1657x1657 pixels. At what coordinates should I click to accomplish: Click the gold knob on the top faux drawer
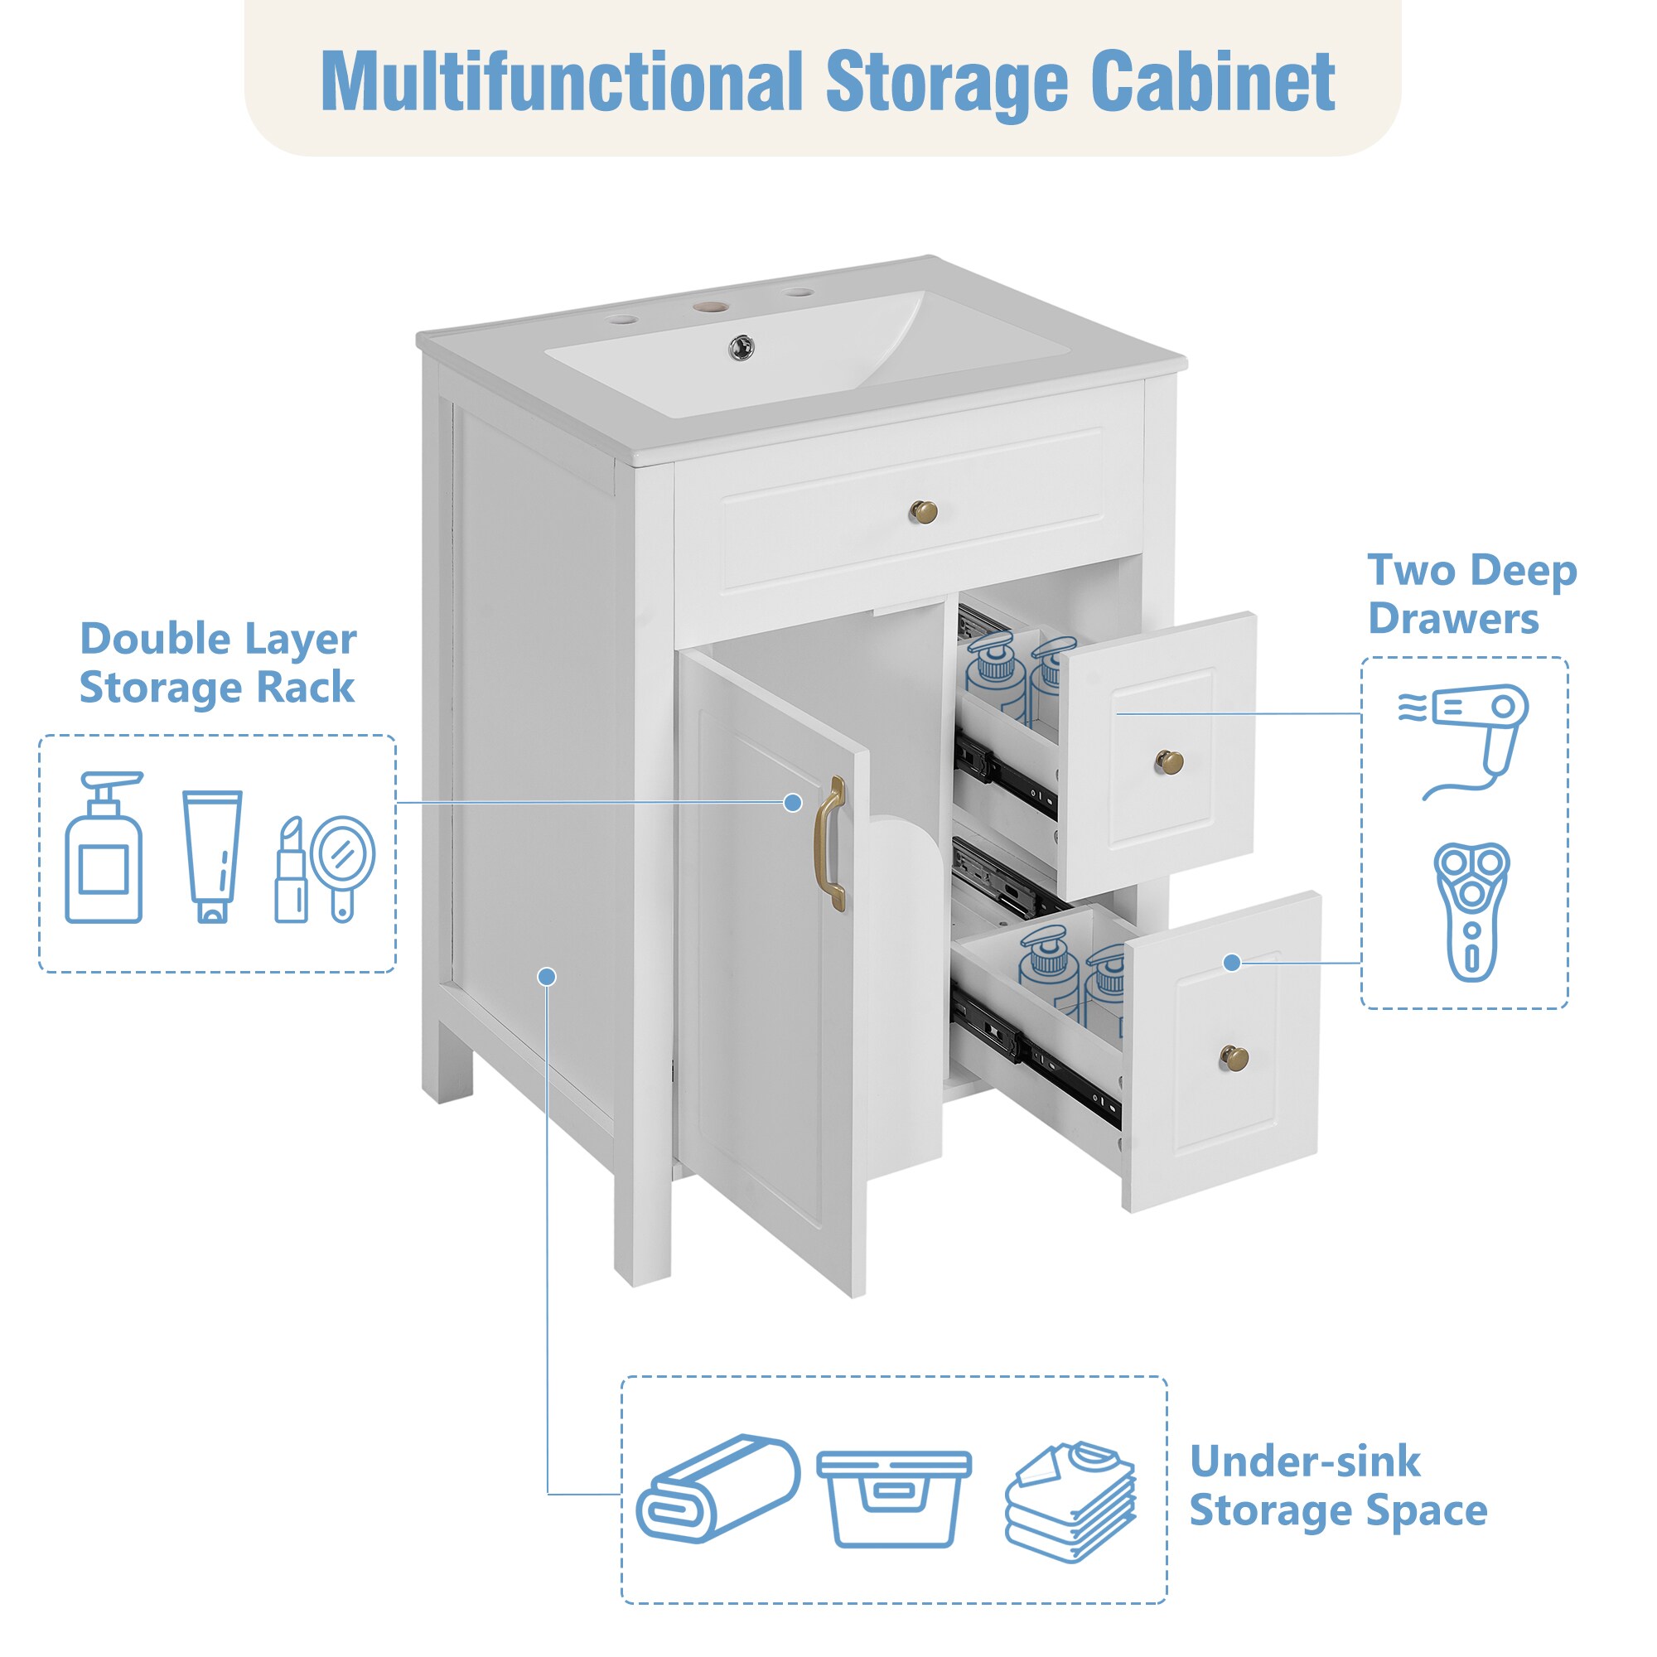[923, 512]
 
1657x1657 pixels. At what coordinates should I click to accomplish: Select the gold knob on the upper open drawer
[1169, 761]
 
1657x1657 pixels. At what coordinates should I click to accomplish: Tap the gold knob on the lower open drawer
[1235, 1058]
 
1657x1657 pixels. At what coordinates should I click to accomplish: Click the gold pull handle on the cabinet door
[830, 844]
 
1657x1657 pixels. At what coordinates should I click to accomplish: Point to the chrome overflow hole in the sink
[741, 347]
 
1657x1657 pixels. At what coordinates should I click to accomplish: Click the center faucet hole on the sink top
[710, 304]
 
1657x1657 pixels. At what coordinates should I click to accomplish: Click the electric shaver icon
[1471, 911]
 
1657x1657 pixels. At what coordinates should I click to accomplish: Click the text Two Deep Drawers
[1471, 594]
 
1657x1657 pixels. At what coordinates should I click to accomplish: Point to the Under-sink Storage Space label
[1338, 1486]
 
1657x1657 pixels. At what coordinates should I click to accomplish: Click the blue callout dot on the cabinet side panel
[546, 977]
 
